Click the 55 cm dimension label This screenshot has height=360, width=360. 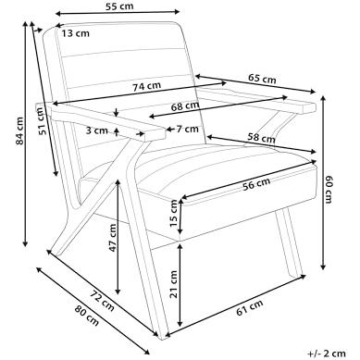[119, 6]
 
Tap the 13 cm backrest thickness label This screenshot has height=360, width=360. [75, 33]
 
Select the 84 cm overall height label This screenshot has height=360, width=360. [19, 130]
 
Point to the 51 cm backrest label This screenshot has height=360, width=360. [42, 120]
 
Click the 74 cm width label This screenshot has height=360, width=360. [147, 86]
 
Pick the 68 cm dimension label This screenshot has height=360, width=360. [185, 106]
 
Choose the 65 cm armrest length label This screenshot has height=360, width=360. [262, 79]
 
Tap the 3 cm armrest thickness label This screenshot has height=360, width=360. [96, 130]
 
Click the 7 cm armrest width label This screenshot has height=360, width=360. [188, 129]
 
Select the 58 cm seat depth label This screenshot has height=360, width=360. [262, 138]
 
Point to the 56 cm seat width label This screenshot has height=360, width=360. [256, 184]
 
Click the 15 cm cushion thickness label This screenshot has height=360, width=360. [174, 213]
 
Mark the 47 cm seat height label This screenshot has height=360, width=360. [113, 238]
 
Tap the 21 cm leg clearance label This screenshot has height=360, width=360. [174, 284]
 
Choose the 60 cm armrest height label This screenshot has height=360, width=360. [329, 190]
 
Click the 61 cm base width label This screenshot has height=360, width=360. [250, 307]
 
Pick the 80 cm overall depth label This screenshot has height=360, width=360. [87, 316]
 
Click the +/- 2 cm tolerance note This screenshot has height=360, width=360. [327, 354]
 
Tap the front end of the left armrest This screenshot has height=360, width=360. [155, 134]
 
